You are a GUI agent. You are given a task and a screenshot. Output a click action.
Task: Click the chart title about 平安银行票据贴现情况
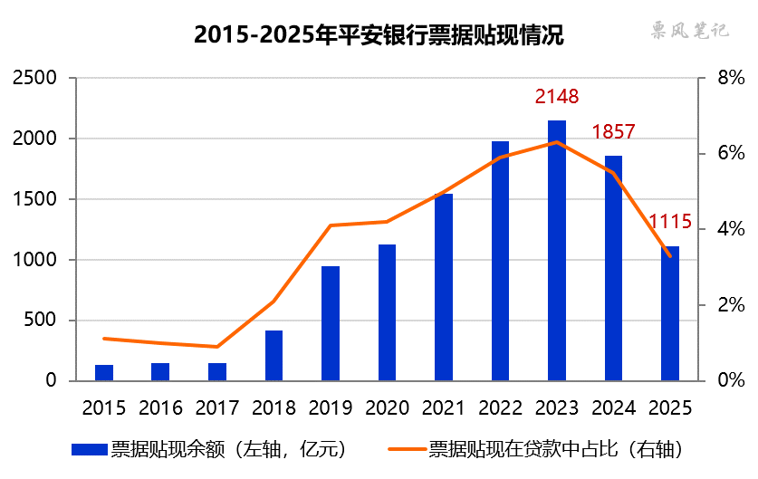click(379, 35)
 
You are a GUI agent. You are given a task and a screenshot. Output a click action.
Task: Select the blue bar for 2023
click(557, 251)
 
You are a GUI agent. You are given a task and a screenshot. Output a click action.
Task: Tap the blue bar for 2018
click(273, 356)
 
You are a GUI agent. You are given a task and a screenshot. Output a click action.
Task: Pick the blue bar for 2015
click(104, 372)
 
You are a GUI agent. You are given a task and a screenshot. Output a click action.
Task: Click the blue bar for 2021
click(444, 287)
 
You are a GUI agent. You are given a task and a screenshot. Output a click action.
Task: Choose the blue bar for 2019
click(331, 323)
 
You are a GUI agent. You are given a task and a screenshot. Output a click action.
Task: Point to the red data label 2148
click(556, 96)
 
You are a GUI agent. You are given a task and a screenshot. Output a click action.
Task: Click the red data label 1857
click(613, 132)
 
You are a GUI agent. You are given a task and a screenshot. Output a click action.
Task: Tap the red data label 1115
click(670, 221)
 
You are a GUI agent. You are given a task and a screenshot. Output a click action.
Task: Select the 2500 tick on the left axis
click(36, 79)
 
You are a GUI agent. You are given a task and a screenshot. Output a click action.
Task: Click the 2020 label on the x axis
click(387, 407)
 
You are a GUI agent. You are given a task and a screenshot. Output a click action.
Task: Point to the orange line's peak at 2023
click(557, 142)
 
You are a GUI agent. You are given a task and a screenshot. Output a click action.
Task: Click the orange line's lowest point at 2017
click(217, 347)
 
